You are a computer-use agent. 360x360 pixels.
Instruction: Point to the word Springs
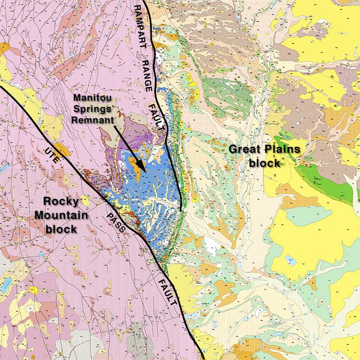93,109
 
